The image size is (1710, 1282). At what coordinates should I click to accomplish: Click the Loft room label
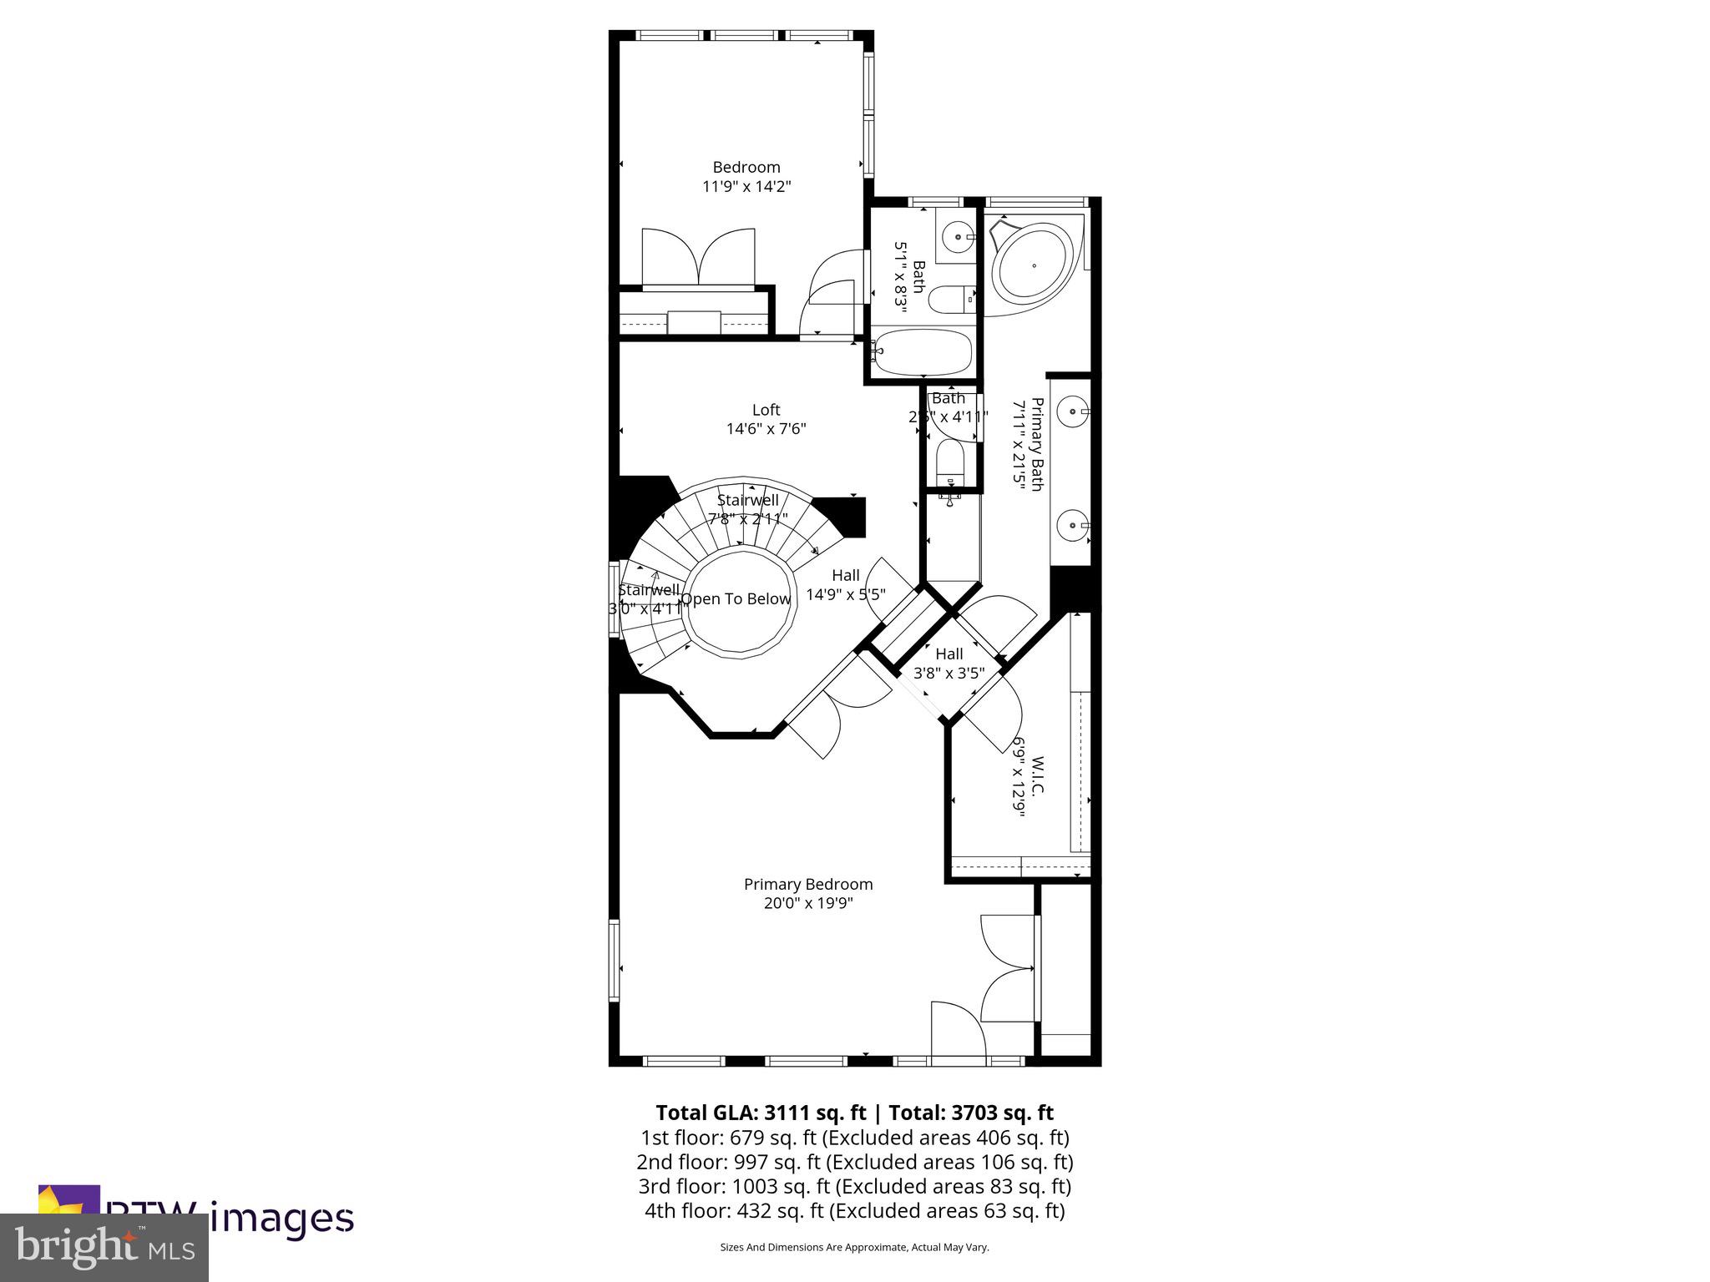[x=766, y=410]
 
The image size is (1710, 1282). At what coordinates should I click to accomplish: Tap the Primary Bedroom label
[x=807, y=884]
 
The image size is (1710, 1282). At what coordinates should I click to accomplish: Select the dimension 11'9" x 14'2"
[x=746, y=187]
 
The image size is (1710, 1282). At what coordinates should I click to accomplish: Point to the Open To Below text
[x=736, y=599]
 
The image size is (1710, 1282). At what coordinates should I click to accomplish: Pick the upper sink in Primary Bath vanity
[x=1072, y=411]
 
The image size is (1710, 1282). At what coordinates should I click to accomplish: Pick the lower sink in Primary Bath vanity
[x=1072, y=526]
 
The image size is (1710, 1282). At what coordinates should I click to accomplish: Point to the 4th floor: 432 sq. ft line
[x=854, y=1210]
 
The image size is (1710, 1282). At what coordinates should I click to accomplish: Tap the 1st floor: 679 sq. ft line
[x=854, y=1138]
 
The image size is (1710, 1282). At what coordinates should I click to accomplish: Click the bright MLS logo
[x=104, y=1247]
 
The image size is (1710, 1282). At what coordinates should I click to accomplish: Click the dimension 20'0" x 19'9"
[x=807, y=904]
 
